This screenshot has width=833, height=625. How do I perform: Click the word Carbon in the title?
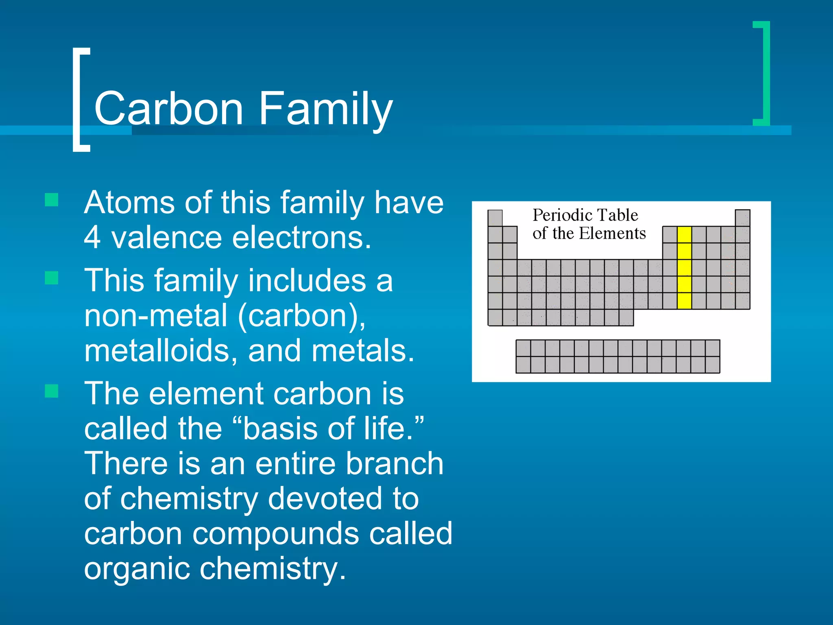[168, 108]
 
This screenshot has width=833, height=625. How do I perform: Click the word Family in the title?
[325, 109]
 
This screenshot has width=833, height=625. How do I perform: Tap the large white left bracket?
[77, 100]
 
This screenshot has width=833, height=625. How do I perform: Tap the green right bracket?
[765, 73]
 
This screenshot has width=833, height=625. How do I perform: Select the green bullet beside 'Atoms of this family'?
[52, 200]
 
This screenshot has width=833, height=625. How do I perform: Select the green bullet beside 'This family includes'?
[52, 278]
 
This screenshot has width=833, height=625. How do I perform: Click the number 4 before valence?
[92, 238]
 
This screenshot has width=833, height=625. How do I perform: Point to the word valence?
[166, 238]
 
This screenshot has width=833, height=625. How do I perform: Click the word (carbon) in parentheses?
[301, 316]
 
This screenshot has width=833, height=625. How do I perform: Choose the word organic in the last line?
[136, 569]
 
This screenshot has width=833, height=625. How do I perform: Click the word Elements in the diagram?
[612, 234]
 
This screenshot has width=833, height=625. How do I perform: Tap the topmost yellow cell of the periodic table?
[684, 235]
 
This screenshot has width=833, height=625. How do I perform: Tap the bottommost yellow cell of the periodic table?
[684, 301]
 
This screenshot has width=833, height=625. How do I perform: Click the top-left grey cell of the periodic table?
[495, 218]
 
